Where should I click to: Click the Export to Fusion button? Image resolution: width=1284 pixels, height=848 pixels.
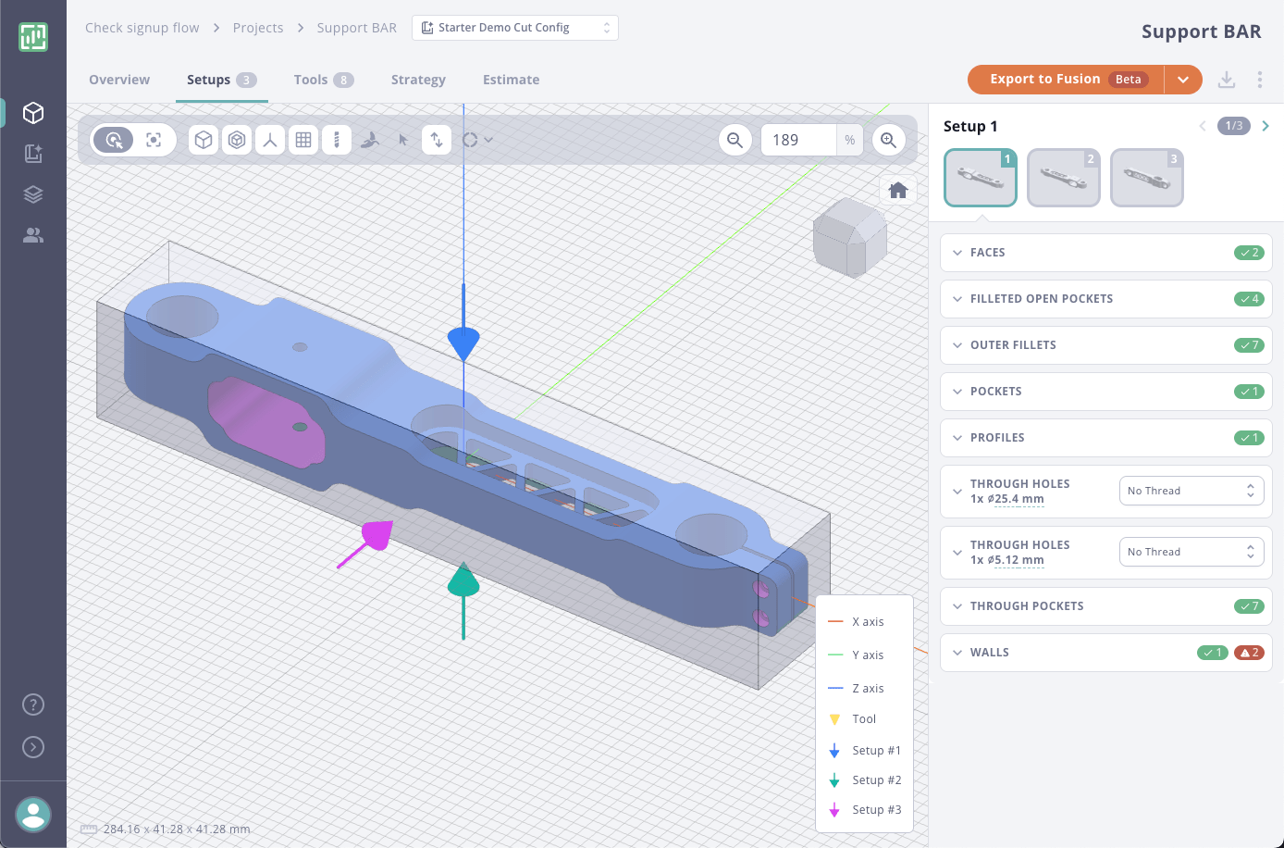pyautogui.click(x=1065, y=80)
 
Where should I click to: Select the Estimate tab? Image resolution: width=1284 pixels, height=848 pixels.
pyautogui.click(x=511, y=80)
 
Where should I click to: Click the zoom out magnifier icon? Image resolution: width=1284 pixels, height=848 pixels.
pyautogui.click(x=735, y=140)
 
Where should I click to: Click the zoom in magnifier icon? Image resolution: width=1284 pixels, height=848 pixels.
pyautogui.click(x=888, y=140)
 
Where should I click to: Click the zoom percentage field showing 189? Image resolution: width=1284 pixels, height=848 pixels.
pyautogui.click(x=797, y=140)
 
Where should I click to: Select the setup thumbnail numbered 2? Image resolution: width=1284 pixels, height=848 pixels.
pyautogui.click(x=1063, y=177)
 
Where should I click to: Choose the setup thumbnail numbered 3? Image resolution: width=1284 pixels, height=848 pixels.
pyautogui.click(x=1146, y=177)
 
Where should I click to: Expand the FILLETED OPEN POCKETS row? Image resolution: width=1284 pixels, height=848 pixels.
pyautogui.click(x=1041, y=299)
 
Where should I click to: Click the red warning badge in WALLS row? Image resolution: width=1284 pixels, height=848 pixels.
pyautogui.click(x=1249, y=653)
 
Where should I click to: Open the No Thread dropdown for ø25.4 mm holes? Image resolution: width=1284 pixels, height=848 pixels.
pyautogui.click(x=1191, y=491)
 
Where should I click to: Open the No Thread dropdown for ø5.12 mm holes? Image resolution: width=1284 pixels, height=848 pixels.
pyautogui.click(x=1191, y=552)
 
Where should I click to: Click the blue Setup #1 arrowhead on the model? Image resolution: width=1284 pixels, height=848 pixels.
pyautogui.click(x=463, y=343)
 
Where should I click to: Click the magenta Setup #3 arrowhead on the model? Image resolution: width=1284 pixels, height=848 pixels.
pyautogui.click(x=376, y=536)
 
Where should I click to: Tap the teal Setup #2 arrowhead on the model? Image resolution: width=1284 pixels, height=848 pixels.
pyautogui.click(x=463, y=581)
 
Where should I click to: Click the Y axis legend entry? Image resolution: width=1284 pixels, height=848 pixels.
pyautogui.click(x=867, y=655)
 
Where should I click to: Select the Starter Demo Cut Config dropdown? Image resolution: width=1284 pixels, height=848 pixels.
pyautogui.click(x=514, y=28)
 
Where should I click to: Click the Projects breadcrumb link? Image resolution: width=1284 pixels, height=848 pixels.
pyautogui.click(x=258, y=28)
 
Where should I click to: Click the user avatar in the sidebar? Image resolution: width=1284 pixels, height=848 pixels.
pyautogui.click(x=33, y=815)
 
